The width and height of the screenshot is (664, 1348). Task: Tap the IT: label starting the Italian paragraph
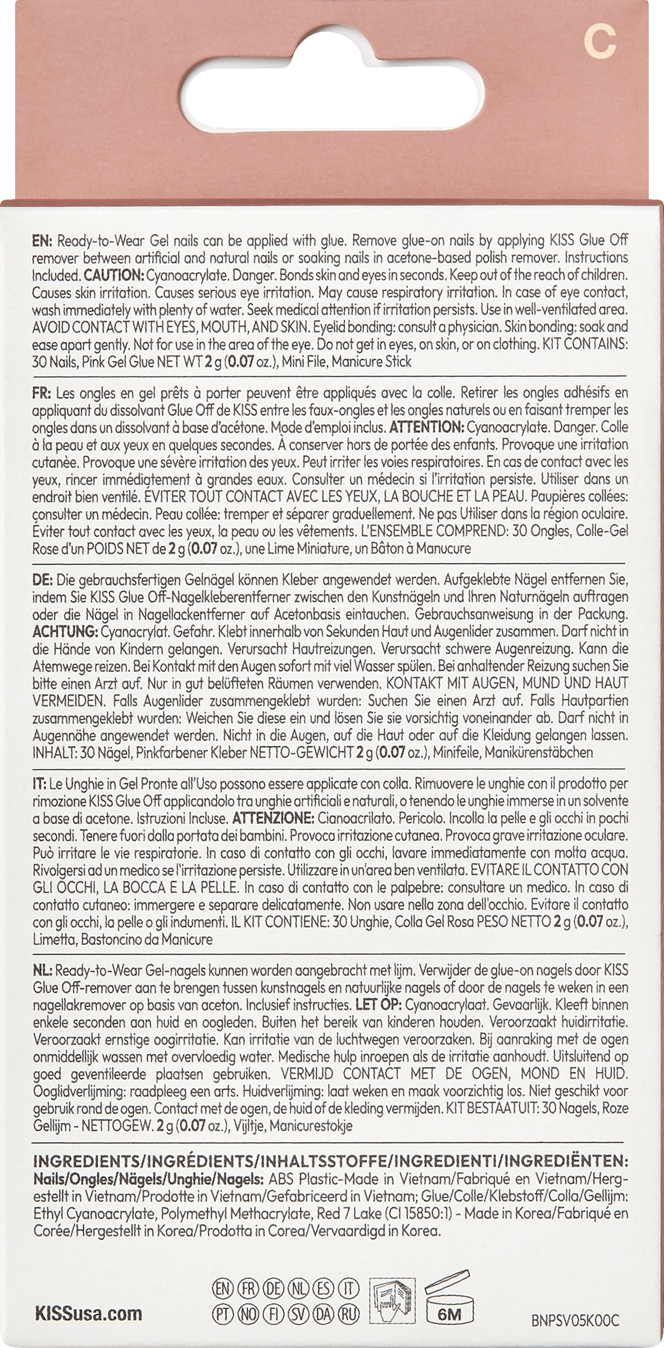(x=40, y=783)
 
